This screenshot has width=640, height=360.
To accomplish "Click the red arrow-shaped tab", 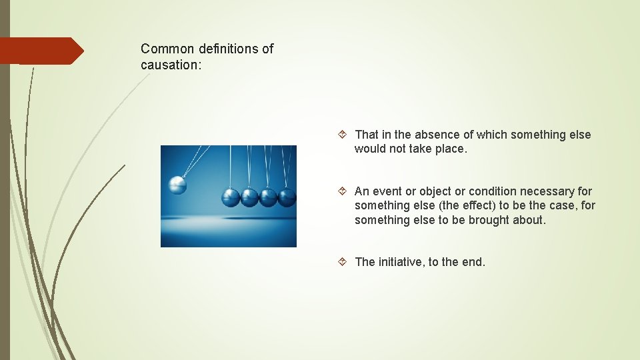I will point(40,51).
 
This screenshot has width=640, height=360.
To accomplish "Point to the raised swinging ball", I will point(177,184).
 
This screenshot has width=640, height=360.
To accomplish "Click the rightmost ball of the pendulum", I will point(287,197).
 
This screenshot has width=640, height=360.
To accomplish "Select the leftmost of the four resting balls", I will point(231,197).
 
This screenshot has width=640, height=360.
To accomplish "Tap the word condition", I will point(493,191).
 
